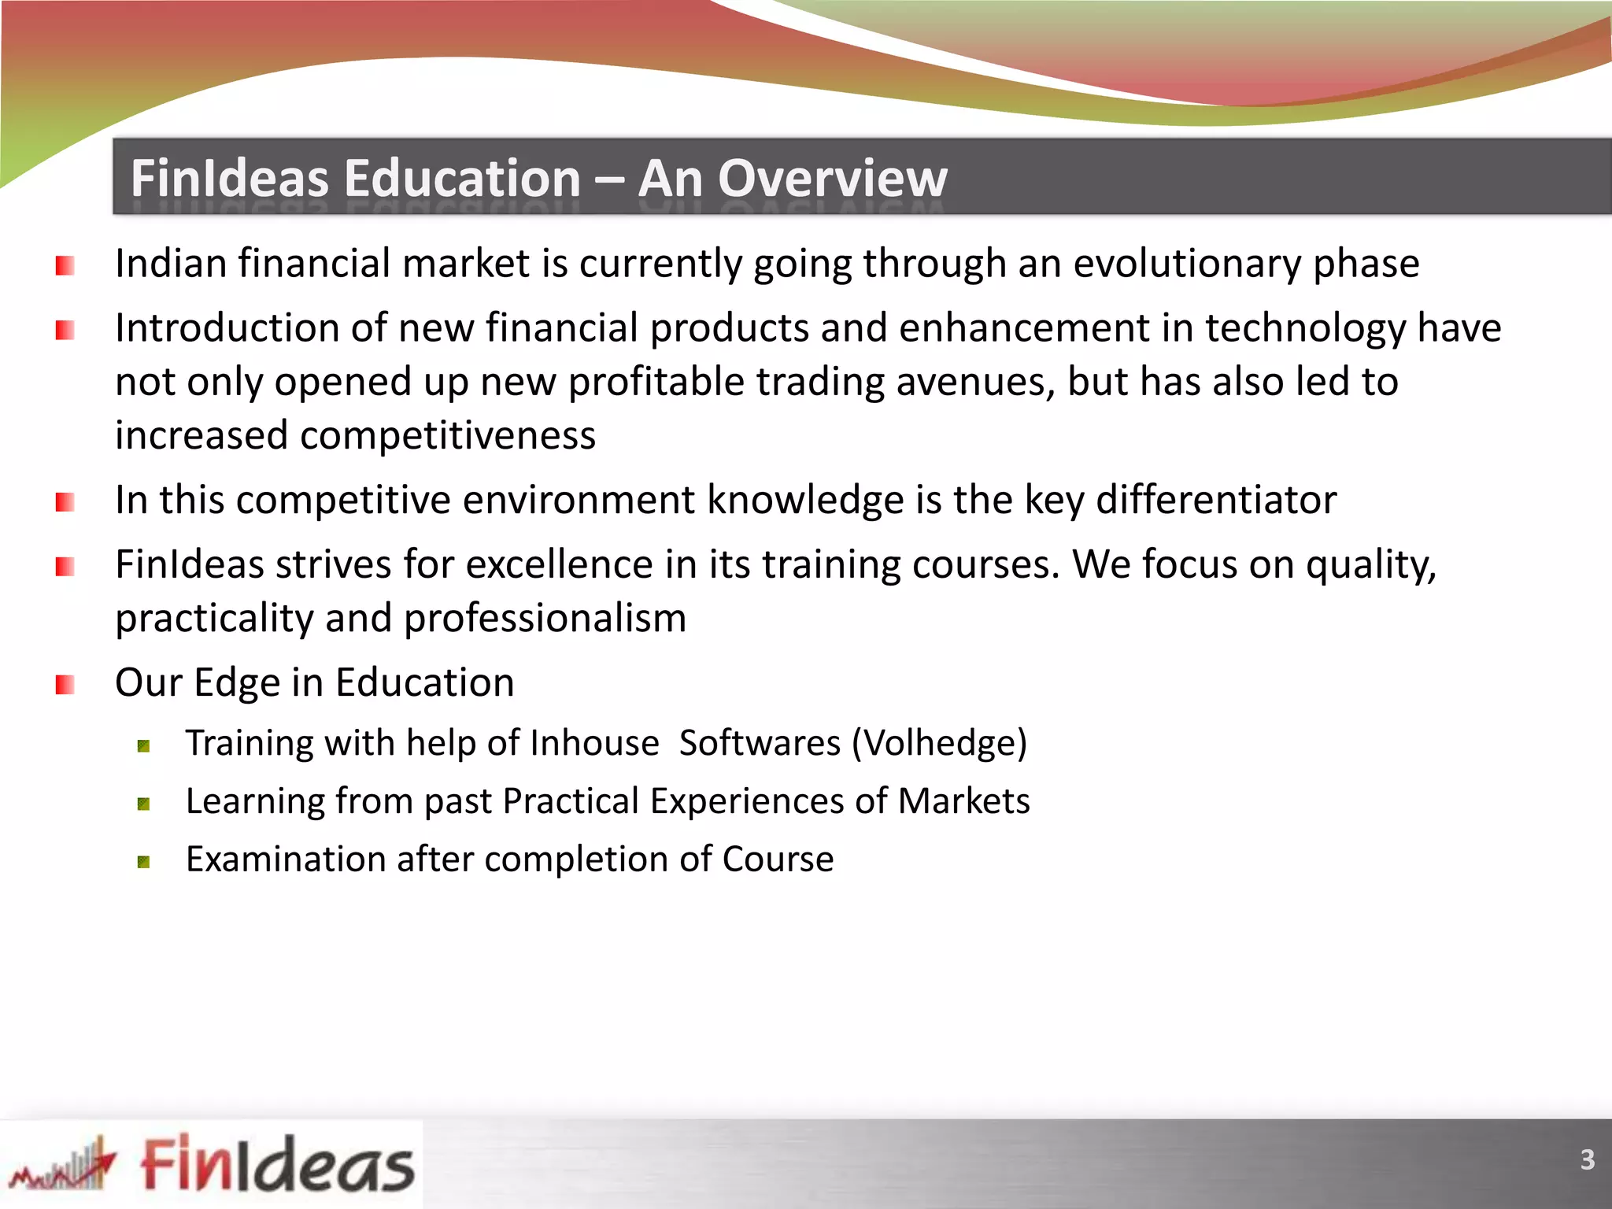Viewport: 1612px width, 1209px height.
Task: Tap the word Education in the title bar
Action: tap(462, 179)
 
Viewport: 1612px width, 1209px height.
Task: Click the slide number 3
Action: tap(1587, 1159)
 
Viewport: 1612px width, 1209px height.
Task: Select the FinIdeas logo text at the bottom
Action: tap(277, 1164)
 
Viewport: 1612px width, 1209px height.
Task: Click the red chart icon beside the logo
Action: tap(63, 1165)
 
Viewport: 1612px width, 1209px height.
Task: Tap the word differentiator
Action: tap(1216, 500)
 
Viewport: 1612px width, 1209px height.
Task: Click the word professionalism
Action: tap(545, 619)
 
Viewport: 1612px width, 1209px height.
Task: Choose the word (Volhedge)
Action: tap(940, 743)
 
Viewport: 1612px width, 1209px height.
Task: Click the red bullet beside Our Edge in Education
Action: tap(65, 685)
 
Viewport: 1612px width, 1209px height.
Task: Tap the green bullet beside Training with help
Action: tap(143, 746)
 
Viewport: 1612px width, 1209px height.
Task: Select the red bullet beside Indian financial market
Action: tap(65, 266)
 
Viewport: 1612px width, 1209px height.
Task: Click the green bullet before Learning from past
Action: tap(143, 804)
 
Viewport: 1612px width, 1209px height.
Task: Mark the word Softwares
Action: tap(760, 743)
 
